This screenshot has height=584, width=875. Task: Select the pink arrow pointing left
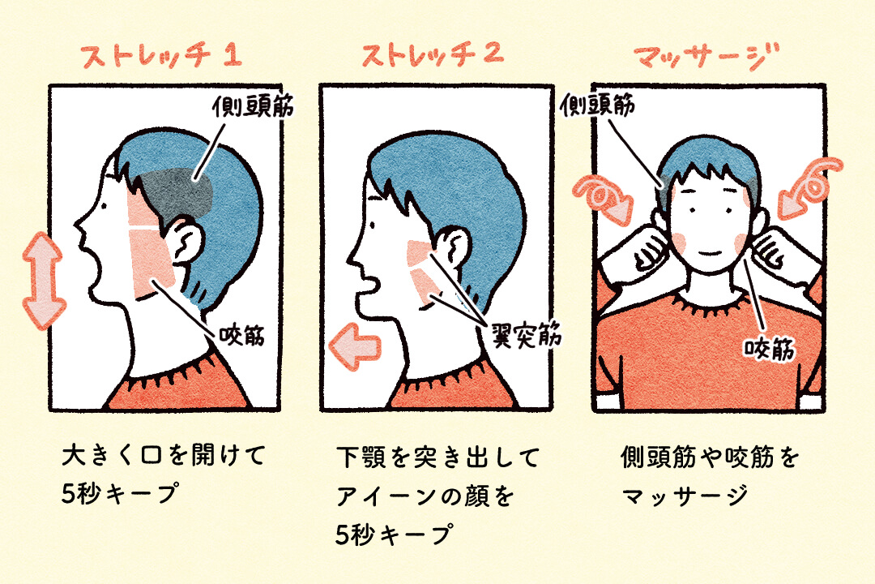pos(355,345)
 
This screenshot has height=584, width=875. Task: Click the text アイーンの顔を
pos(425,496)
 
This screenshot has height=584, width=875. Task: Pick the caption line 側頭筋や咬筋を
pos(708,458)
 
